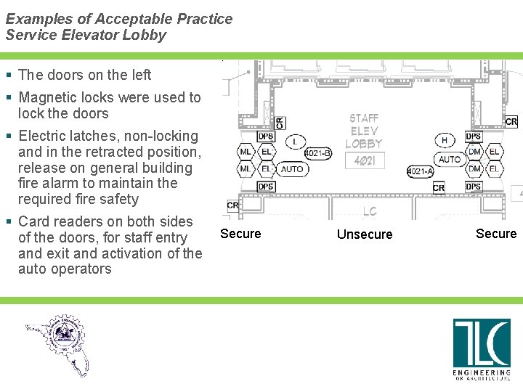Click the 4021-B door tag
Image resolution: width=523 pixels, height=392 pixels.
click(x=317, y=153)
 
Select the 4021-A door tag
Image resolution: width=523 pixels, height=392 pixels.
click(x=420, y=171)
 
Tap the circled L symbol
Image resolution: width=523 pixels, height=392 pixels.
click(x=295, y=141)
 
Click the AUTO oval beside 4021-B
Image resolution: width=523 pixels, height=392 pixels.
click(x=292, y=169)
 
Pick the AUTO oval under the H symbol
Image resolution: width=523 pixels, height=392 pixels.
click(x=450, y=158)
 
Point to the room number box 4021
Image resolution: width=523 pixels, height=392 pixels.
click(x=364, y=160)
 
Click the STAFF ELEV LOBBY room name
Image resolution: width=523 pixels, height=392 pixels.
click(x=364, y=131)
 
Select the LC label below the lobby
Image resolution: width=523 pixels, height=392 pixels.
click(x=370, y=211)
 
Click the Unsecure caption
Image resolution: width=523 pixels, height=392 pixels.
click(x=365, y=234)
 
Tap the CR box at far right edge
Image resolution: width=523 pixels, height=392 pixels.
click(x=511, y=122)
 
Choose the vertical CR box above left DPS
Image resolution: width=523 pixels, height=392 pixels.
click(x=280, y=123)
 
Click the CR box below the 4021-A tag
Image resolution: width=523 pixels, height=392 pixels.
click(x=438, y=188)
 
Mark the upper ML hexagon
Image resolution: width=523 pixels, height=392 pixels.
click(x=246, y=152)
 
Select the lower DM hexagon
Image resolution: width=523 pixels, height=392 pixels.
click(x=474, y=169)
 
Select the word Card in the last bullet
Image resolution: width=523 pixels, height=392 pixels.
click(x=33, y=221)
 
